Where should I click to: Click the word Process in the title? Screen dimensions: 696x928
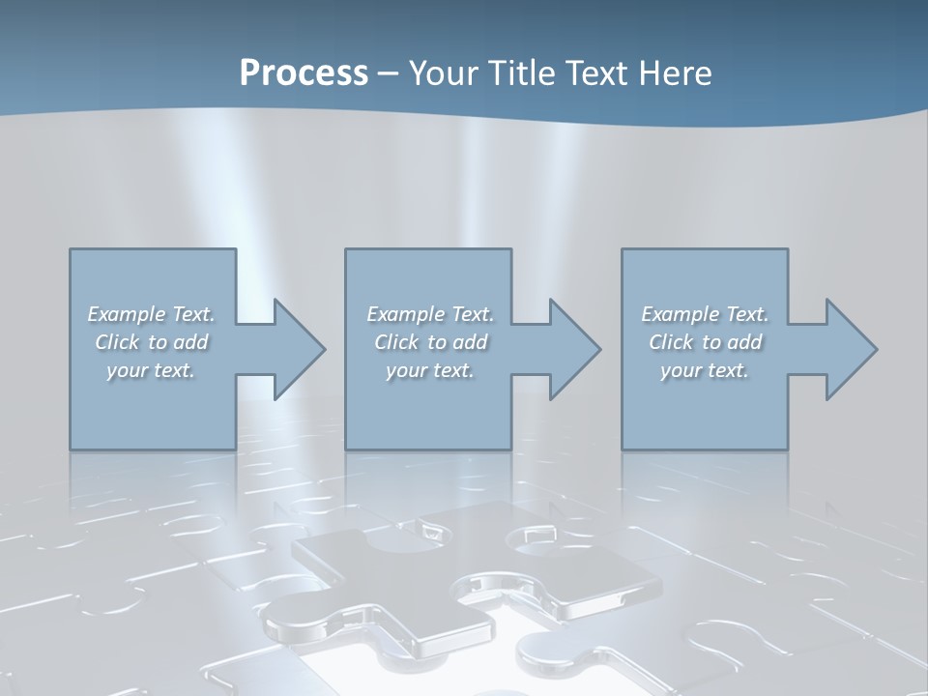click(x=304, y=72)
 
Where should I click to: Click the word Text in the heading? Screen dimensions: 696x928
click(x=595, y=72)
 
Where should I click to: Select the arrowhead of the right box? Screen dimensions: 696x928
click(x=850, y=349)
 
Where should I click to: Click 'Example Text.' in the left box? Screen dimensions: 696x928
click(x=151, y=314)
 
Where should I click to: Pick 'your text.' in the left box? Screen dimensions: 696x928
click(x=151, y=370)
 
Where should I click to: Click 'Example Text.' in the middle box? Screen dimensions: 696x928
click(x=430, y=314)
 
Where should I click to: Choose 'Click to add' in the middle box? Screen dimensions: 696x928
click(x=430, y=342)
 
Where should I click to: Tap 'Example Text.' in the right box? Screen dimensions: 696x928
click(x=705, y=314)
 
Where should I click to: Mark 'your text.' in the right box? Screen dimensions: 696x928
click(x=705, y=370)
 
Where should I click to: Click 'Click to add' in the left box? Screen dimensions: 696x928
click(x=151, y=342)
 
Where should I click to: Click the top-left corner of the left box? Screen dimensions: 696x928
click(x=71, y=249)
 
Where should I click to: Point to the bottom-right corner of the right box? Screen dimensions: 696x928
click(x=787, y=449)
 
